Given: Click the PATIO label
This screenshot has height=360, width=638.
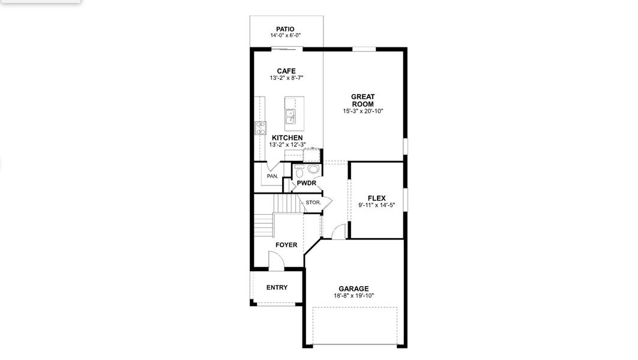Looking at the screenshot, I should [x=285, y=29].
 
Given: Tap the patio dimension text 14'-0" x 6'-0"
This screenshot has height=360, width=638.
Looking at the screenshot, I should [x=285, y=36].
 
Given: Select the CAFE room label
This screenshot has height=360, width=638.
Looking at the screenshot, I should [x=286, y=71].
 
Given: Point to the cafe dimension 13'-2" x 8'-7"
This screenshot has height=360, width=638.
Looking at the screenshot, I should [x=286, y=79].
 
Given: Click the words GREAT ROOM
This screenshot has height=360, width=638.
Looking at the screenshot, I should [x=363, y=100].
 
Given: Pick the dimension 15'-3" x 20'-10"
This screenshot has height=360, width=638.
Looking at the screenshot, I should [x=363, y=111].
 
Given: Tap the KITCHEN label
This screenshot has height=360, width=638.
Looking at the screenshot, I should [x=287, y=138].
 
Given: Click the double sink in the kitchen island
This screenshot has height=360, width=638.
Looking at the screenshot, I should [x=290, y=116].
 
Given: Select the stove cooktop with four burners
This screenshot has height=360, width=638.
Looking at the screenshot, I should [x=261, y=127].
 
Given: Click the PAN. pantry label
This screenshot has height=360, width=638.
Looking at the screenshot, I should [x=272, y=176].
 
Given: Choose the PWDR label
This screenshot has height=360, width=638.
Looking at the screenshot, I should [x=306, y=183].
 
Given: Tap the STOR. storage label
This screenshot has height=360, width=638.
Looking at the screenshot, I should [x=313, y=203].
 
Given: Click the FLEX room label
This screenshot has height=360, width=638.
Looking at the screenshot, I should [x=376, y=199].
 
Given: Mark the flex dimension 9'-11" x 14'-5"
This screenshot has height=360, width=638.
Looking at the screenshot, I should [x=376, y=205].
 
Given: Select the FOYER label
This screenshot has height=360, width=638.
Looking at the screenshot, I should [x=286, y=245].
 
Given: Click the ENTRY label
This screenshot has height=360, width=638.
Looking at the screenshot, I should [x=277, y=287].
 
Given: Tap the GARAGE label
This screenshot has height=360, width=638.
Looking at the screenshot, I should [x=353, y=289].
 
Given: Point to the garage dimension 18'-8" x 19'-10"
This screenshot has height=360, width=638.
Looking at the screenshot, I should [x=353, y=296].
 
